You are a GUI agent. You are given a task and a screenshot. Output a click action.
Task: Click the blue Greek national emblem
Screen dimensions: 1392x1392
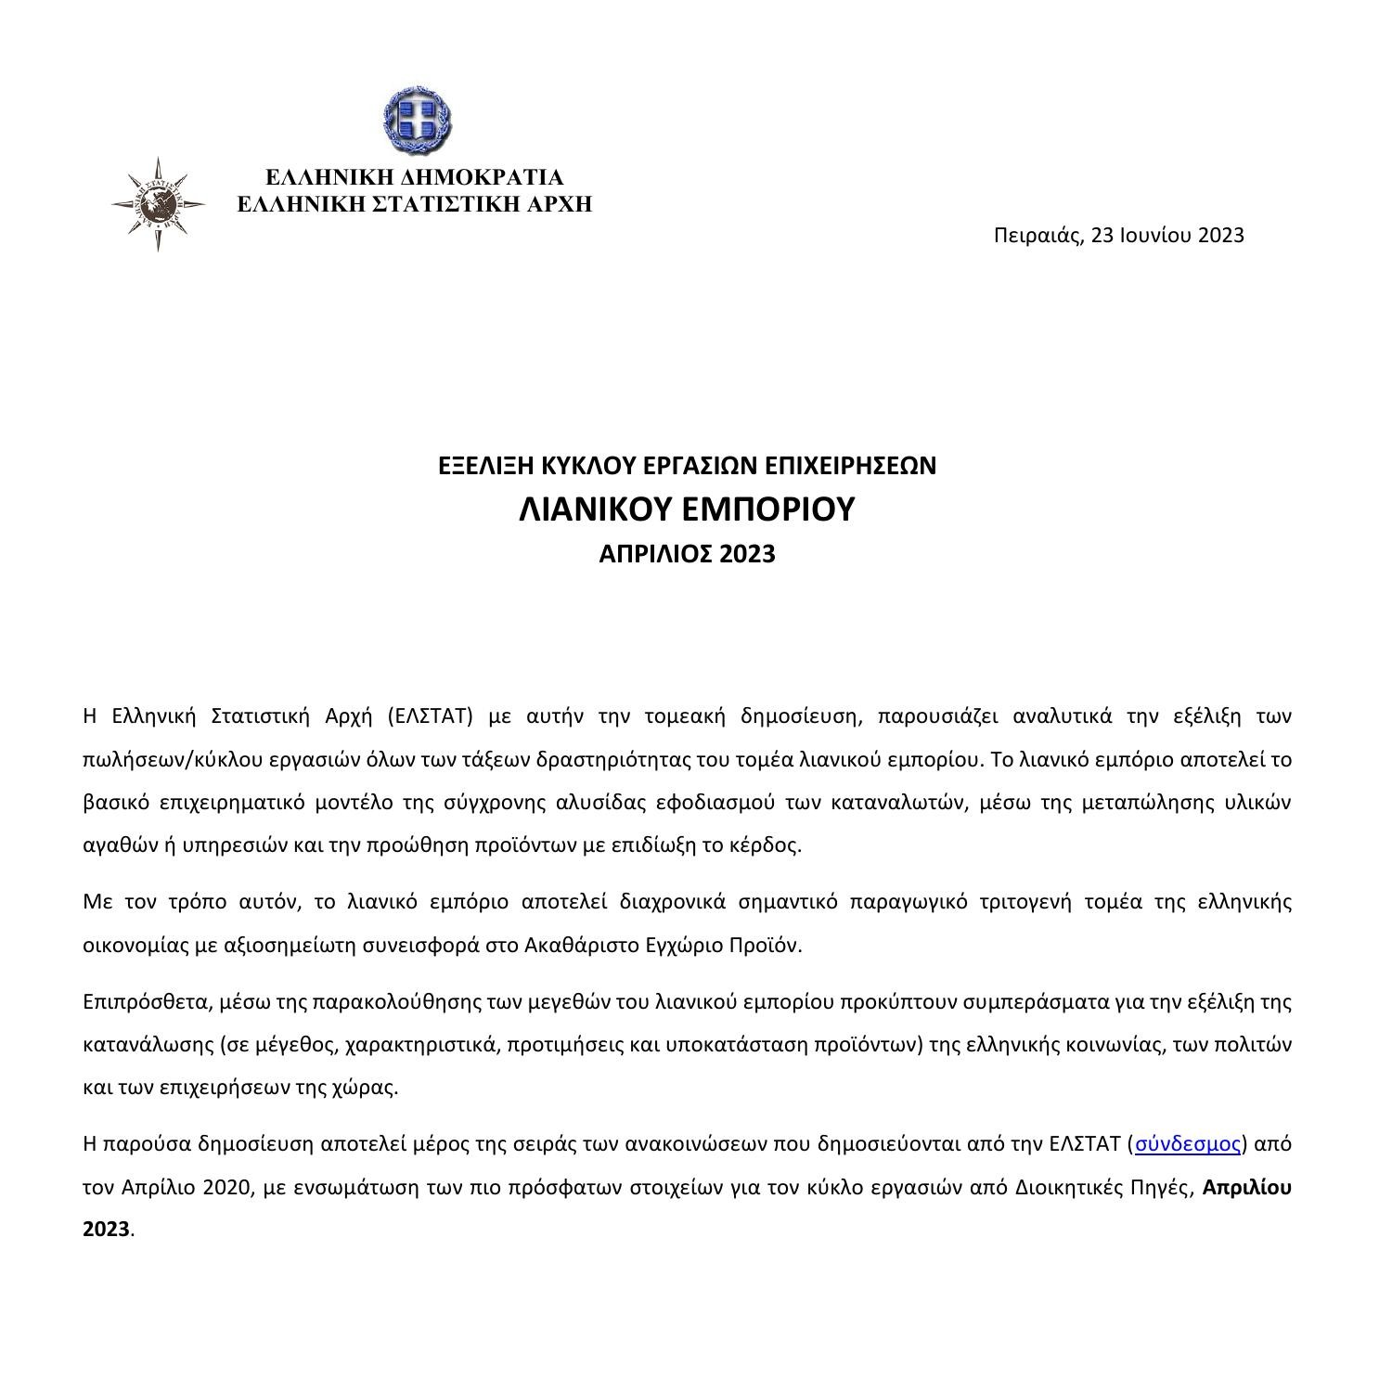(418, 121)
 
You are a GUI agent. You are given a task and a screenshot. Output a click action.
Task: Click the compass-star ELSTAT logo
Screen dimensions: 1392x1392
(158, 204)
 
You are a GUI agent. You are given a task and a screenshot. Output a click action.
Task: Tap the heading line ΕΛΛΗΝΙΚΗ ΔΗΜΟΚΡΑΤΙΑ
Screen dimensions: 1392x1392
(415, 177)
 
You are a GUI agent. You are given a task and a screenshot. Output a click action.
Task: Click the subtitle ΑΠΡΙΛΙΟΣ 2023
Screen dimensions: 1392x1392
(687, 555)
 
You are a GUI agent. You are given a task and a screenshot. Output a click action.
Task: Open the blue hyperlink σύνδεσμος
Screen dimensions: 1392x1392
(1188, 1144)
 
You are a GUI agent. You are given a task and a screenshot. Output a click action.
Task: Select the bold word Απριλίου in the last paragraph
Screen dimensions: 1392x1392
(1246, 1188)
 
